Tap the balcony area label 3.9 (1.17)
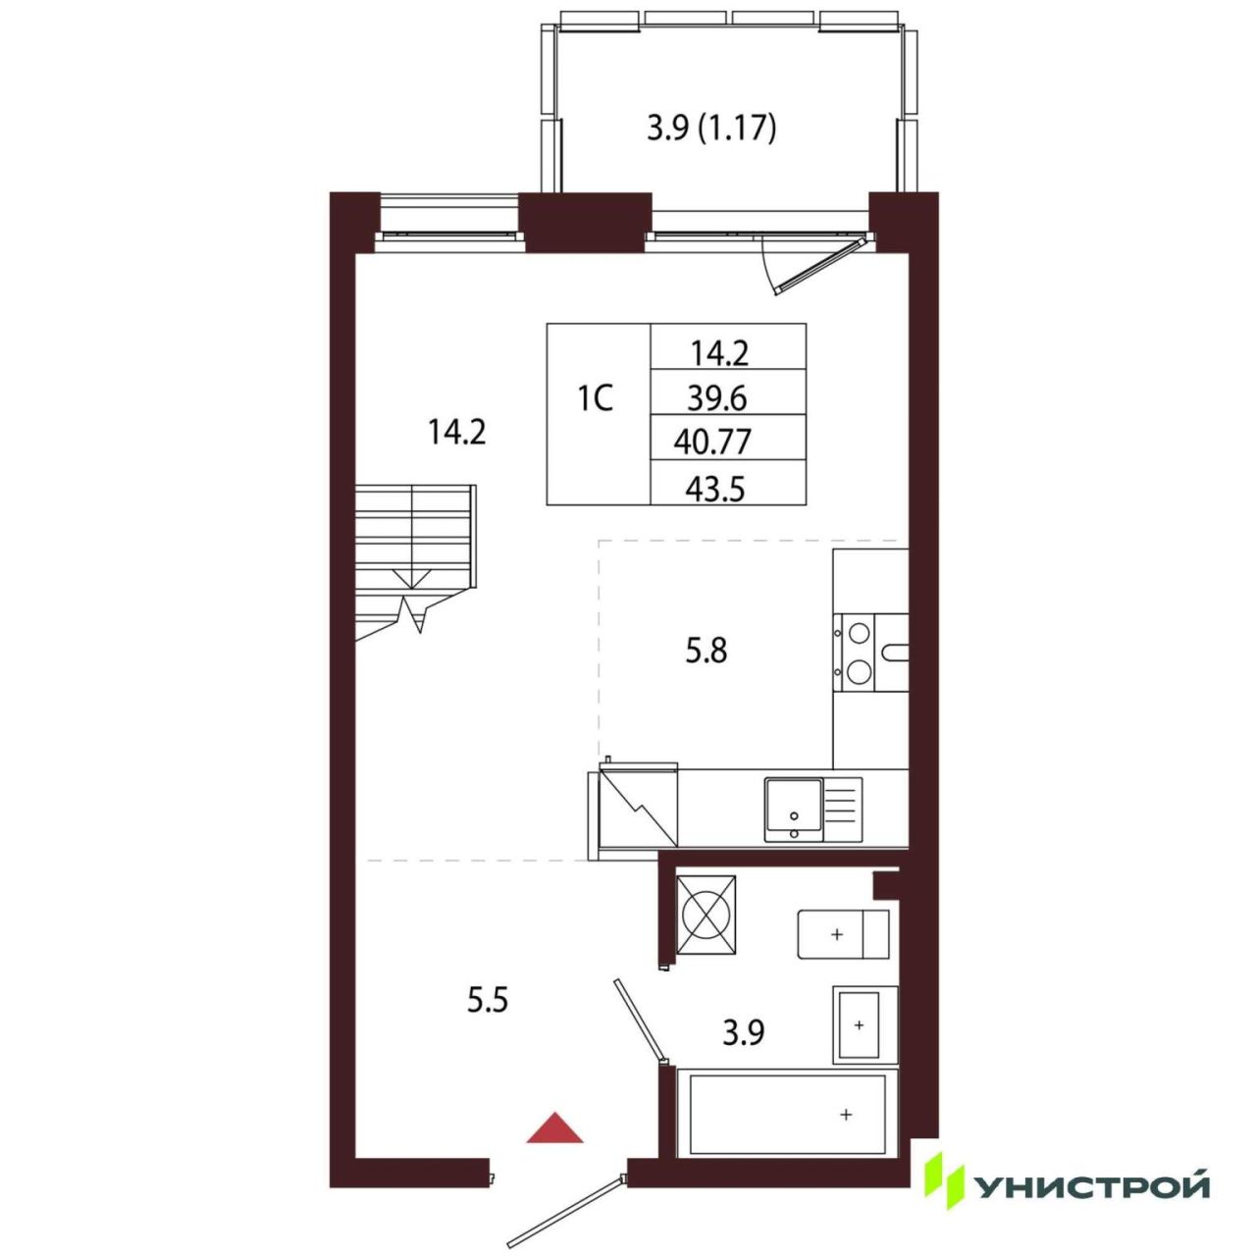tap(711, 130)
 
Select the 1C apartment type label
tap(596, 398)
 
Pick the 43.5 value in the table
tap(715, 490)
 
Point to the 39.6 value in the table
tap(717, 397)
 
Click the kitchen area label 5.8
tap(706, 651)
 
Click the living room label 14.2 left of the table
tap(456, 432)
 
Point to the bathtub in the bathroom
tap(787, 1115)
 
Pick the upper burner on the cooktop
tap(860, 632)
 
